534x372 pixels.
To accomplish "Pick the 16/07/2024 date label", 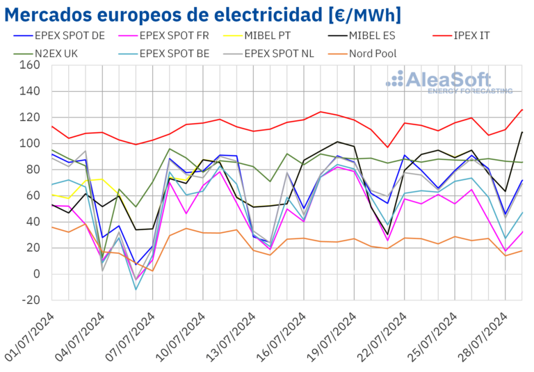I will coord(282,337).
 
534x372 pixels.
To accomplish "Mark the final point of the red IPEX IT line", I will coord(523,109).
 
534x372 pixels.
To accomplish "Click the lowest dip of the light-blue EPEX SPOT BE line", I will coord(136,289).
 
